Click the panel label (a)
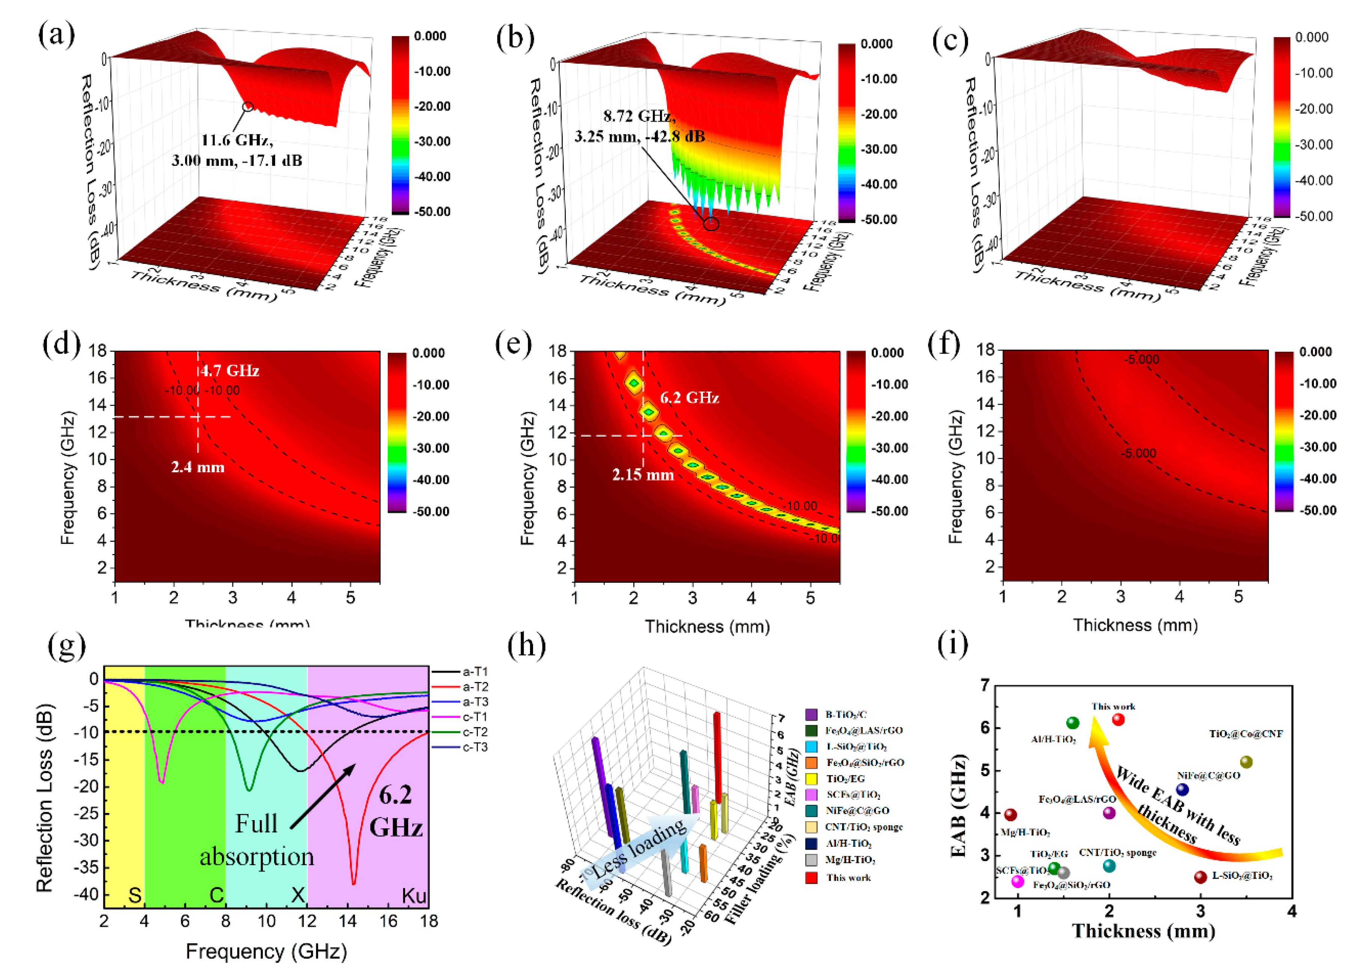pyautogui.click(x=56, y=35)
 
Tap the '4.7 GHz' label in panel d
pyautogui.click(x=230, y=370)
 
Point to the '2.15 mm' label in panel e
pyautogui.click(x=643, y=474)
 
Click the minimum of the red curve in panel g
pyautogui.click(x=354, y=883)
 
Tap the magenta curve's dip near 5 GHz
pyautogui.click(x=162, y=781)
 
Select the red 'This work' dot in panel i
pyautogui.click(x=1118, y=720)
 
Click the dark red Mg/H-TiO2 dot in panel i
pyautogui.click(x=1010, y=814)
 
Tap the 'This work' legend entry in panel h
pyautogui.click(x=847, y=878)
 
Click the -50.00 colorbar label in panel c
pyautogui.click(x=1314, y=216)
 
